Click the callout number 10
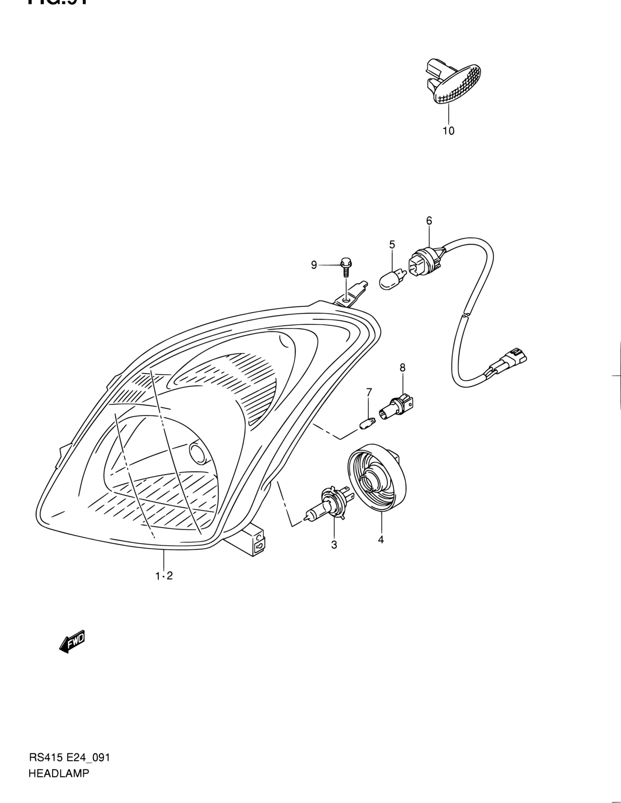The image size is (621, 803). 448,130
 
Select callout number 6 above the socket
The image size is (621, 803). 429,220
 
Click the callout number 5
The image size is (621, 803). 392,244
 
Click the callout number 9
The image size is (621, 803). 314,265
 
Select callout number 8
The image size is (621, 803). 402,367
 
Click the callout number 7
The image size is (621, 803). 369,392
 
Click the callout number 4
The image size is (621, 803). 380,539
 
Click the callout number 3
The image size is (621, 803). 334,545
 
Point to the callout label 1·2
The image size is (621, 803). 164,576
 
